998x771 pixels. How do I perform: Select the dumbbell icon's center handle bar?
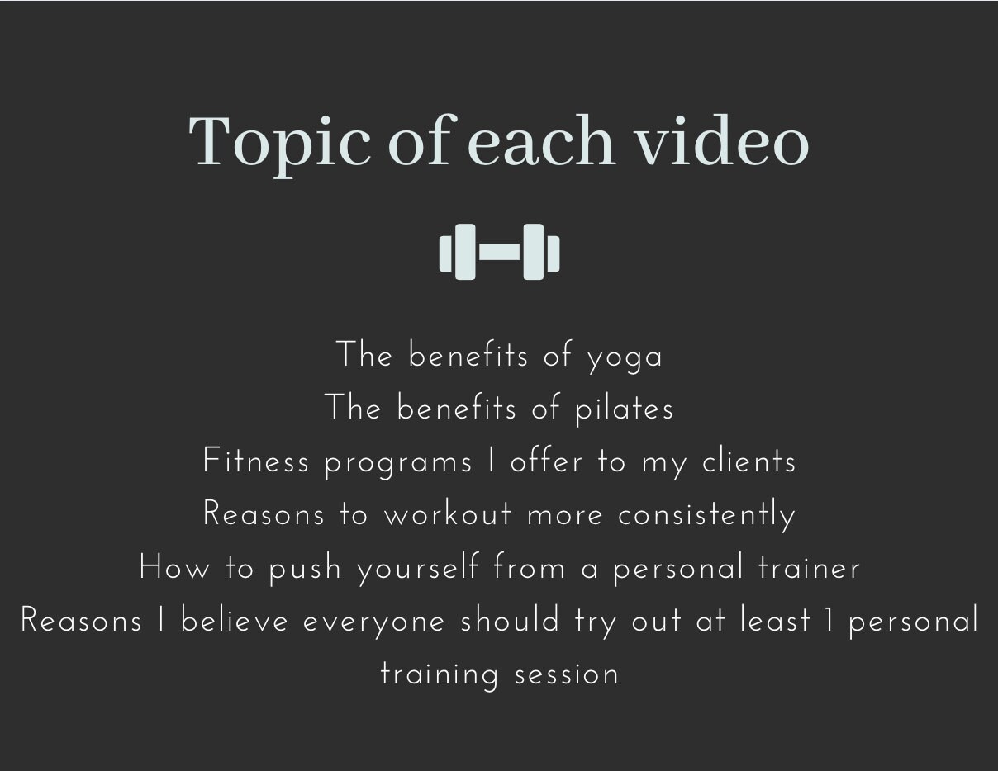pyautogui.click(x=499, y=252)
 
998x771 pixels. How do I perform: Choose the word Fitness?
pyautogui.click(x=256, y=461)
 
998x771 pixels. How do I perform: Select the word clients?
pyautogui.click(x=748, y=461)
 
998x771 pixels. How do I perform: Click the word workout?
pyautogui.click(x=448, y=514)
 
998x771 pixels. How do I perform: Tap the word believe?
pyautogui.click(x=235, y=621)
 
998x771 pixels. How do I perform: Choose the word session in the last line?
pyautogui.click(x=567, y=674)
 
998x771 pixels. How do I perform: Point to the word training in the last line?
pyautogui.click(x=440, y=675)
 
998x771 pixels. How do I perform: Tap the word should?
pyautogui.click(x=510, y=621)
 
